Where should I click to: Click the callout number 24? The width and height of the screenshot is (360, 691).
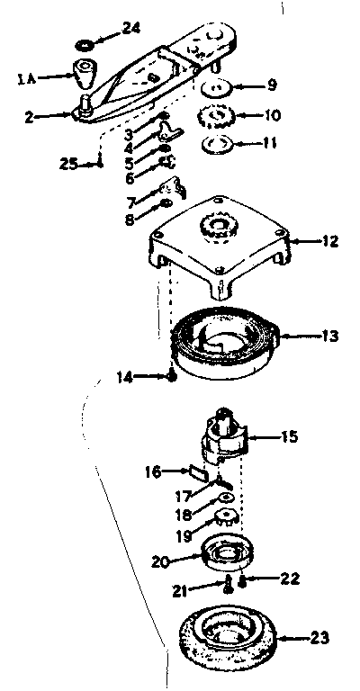coord(130,29)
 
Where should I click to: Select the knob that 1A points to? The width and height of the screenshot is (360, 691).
coord(85,73)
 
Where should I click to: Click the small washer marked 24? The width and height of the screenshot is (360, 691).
coord(84,45)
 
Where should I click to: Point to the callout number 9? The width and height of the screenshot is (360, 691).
coord(272,85)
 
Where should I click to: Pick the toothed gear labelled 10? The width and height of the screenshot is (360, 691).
coord(214,116)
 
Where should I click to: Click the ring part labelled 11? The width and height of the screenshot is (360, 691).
coord(216,144)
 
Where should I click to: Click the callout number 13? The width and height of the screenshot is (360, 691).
coord(329,337)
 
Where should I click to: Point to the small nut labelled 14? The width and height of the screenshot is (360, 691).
coord(173,377)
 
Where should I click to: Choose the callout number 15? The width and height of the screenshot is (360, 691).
coord(289,436)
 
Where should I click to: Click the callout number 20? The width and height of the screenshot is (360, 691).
coord(161,561)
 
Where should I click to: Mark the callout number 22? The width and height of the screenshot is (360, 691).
coord(289,579)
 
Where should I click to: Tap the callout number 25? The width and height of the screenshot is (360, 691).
coord(68,164)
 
